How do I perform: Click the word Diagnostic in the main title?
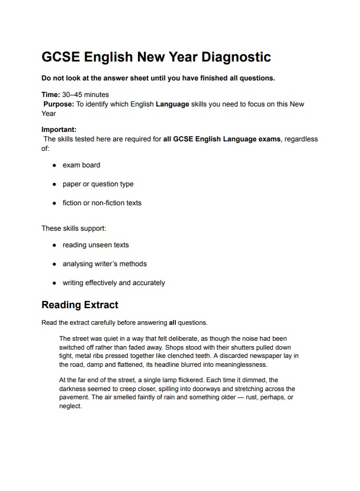[x=236, y=57]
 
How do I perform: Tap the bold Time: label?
[x=50, y=95]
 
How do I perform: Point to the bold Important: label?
[x=59, y=130]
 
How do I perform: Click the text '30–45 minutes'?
[x=85, y=95]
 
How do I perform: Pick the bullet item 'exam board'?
[x=81, y=165]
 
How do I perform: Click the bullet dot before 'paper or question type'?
[x=54, y=184]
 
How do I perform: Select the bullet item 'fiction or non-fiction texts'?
[x=102, y=203]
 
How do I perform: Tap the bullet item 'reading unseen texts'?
[x=95, y=245]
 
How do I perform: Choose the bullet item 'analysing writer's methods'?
[x=104, y=264]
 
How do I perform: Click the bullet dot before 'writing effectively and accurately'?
[x=54, y=283]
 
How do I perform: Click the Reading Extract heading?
[x=79, y=305]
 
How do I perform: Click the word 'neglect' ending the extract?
[x=70, y=406]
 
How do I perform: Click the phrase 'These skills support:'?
[x=73, y=228]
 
